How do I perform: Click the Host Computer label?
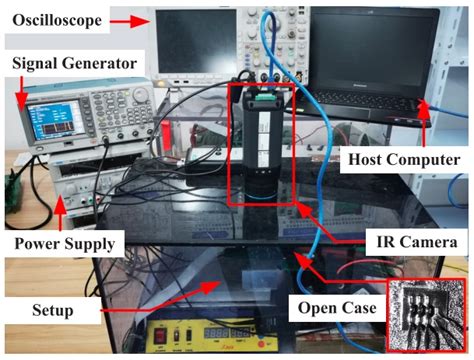[400, 158]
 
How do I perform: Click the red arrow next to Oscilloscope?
[130, 19]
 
